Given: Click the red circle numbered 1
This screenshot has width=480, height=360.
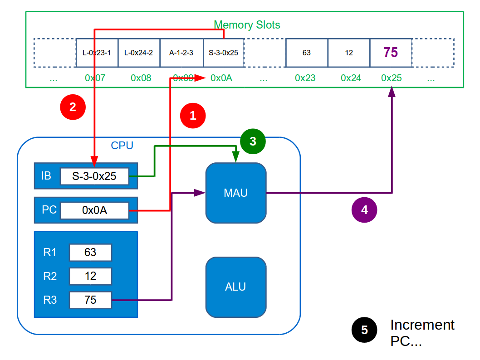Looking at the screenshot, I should (x=193, y=115).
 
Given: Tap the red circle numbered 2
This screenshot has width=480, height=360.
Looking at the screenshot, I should (x=73, y=107).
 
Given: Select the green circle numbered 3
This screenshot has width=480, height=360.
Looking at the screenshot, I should (x=253, y=141).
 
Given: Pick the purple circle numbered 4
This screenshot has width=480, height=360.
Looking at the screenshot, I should (x=364, y=209).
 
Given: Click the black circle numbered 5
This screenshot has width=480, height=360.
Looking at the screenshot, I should (x=364, y=330).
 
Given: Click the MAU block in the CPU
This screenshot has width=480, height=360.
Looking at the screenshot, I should (x=236, y=193).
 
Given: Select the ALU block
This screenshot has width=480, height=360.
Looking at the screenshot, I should (x=236, y=287).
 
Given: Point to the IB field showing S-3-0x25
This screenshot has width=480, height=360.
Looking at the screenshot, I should (x=94, y=176).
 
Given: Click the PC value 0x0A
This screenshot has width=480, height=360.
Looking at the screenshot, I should (x=94, y=210).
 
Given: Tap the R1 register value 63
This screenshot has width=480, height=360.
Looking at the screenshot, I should (x=90, y=253).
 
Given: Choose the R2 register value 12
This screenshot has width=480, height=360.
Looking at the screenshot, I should (x=90, y=276).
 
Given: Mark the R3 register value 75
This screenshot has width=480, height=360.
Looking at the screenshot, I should (x=90, y=300).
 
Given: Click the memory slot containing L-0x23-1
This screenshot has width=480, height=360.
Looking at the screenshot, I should (x=97, y=53).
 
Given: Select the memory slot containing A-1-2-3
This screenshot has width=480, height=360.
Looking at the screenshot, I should (x=181, y=53).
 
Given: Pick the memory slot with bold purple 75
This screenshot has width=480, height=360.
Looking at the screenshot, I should (x=391, y=53).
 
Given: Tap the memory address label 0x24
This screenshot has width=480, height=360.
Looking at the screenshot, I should (x=351, y=78).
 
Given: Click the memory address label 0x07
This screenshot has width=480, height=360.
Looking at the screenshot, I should (x=95, y=78).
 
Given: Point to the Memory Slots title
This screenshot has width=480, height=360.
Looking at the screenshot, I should (x=247, y=25).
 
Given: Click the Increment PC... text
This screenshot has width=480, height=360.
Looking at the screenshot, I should (x=422, y=333).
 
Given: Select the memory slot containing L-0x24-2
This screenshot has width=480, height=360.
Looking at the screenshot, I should (x=139, y=53).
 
